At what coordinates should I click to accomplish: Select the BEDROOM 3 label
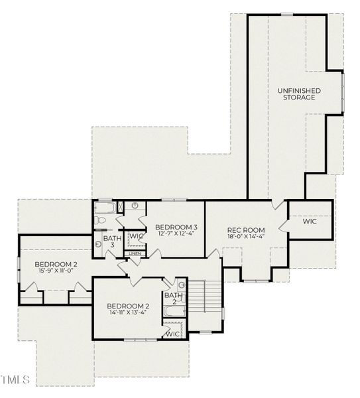(x=175, y=226)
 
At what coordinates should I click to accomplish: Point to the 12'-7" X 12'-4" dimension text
(x=175, y=234)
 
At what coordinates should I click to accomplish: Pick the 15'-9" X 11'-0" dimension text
(x=56, y=272)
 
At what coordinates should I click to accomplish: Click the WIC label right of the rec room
(x=310, y=222)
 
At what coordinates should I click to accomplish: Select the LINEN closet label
(x=135, y=253)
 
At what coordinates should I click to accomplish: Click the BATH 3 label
(x=112, y=241)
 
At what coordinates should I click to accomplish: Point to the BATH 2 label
(x=174, y=298)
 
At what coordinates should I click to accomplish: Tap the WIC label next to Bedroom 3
(x=136, y=236)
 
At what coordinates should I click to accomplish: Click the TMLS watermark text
(x=15, y=379)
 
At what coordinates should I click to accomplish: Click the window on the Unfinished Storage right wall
(x=343, y=92)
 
